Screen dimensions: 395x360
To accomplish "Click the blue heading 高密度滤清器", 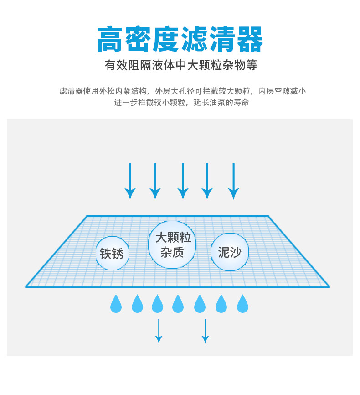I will point(180,39).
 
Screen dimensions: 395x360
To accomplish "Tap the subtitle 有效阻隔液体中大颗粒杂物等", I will point(181,65).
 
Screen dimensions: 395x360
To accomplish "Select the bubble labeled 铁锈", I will point(112,253).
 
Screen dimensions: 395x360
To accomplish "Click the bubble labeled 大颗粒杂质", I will point(172,244).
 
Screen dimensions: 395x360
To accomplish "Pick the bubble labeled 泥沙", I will point(230,252).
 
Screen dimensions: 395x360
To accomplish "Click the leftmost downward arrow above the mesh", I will point(130,181).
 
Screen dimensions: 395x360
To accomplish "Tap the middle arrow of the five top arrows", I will point(183,181).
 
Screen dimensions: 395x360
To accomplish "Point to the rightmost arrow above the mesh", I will point(233,181).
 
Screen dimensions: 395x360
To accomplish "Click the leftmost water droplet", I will point(116,304).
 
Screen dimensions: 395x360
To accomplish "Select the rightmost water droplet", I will point(242,304).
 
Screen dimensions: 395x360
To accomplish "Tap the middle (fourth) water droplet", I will point(178,304).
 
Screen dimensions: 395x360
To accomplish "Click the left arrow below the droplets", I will point(159,331).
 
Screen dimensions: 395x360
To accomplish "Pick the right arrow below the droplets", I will point(205,331).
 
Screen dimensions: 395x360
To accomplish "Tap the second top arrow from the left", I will point(155,181).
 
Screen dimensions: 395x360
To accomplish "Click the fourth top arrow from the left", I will point(207,181).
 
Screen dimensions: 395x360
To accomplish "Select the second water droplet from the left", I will point(137,304).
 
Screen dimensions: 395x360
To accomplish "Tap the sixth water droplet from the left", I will point(221,304).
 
